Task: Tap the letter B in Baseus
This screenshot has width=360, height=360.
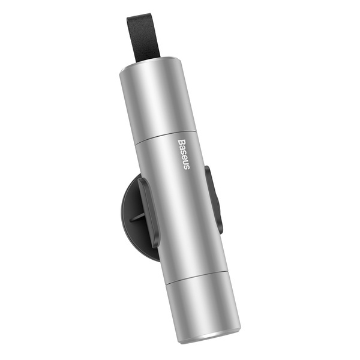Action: pos(182,141)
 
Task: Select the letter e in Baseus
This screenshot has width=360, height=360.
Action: pos(185,157)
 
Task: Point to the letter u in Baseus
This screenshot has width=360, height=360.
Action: pos(186,162)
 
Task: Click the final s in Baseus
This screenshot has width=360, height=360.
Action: pos(187,167)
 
